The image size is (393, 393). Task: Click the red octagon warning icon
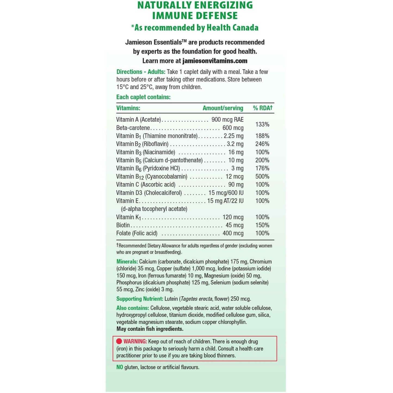point(119,341)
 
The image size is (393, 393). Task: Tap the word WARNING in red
point(135,341)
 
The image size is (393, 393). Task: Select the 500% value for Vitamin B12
point(262,176)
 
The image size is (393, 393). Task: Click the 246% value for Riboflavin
point(262,144)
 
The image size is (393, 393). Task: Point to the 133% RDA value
point(262,124)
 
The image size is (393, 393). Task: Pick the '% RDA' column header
point(262,108)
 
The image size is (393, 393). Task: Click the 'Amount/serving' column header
point(223,108)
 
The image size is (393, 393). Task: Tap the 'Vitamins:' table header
point(128,108)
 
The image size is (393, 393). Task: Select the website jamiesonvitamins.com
point(215,61)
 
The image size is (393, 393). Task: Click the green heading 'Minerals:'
point(127,262)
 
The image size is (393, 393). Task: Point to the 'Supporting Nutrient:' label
point(140,299)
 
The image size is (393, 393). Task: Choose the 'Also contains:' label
point(132,308)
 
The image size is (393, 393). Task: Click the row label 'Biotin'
point(123,225)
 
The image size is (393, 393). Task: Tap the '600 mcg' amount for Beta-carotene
point(233,128)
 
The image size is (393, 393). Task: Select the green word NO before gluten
point(120,367)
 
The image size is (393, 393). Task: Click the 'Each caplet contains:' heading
point(143,97)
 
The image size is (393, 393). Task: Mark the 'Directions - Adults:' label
point(141,72)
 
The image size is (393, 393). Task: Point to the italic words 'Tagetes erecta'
point(196,299)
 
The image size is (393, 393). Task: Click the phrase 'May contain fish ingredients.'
point(150,329)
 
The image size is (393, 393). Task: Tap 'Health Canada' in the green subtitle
point(232,28)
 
